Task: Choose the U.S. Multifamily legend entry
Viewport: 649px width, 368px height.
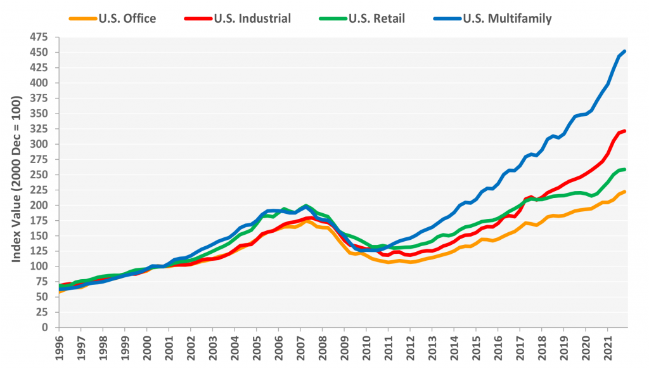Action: (x=501, y=18)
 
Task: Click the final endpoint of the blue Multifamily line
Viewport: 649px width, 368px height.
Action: (x=624, y=51)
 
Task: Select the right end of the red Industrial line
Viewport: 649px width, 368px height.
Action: (x=624, y=131)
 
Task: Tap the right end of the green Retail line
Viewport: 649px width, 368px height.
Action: (x=624, y=169)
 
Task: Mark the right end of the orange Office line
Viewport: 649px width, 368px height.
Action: (x=624, y=192)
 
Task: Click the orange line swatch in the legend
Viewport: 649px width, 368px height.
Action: (x=82, y=18)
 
